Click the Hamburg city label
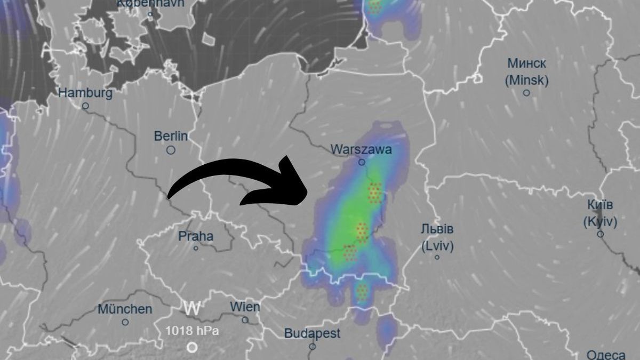[85, 93]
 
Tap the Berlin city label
[171, 137]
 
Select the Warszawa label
[361, 149]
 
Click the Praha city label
[196, 236]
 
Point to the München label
[125, 309]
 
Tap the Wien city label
[245, 307]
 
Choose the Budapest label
[312, 334]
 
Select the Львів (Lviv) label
[437, 238]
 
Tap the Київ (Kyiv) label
[600, 213]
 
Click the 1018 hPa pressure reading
[191, 331]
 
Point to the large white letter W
[192, 308]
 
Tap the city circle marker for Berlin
[171, 150]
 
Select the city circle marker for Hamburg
[85, 106]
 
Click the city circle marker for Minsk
[526, 93]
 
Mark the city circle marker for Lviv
[437, 258]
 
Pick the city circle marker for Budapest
[312, 347]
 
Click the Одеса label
[606, 355]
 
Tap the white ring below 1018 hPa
[192, 348]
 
